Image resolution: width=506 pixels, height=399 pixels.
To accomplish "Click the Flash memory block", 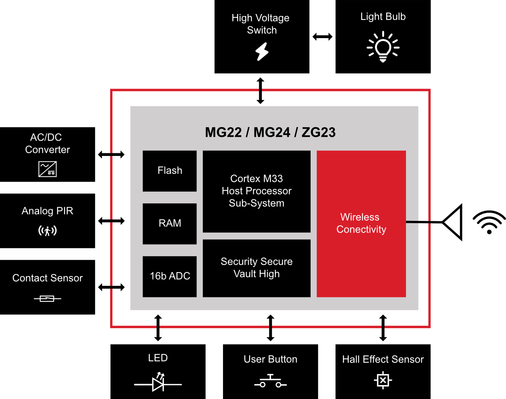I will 170,171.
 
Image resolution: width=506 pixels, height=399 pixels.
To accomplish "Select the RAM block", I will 170,224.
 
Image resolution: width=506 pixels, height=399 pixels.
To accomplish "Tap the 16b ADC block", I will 170,276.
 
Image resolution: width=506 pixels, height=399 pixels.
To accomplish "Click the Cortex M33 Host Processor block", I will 257,191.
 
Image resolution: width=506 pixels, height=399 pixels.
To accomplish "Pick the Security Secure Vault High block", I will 257,268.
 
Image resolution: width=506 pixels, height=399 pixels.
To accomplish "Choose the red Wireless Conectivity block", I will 361,224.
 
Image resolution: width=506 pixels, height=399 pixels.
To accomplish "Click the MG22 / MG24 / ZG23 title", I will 270,133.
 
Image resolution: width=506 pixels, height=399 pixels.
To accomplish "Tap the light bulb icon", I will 383,47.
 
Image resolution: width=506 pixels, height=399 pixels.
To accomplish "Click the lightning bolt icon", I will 262,51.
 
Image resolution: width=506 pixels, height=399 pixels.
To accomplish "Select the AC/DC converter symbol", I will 47,169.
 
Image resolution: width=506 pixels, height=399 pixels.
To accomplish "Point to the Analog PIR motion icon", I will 47,231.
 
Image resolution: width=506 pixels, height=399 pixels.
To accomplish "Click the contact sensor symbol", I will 47,299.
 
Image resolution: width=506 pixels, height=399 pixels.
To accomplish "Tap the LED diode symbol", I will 158,383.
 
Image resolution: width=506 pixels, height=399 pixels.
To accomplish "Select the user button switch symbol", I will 271,381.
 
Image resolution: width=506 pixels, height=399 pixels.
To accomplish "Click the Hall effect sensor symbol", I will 383,380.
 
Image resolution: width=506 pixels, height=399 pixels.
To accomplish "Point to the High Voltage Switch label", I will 261,24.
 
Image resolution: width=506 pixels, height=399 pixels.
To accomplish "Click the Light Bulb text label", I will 383,17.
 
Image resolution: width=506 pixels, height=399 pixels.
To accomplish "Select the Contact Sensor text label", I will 47,278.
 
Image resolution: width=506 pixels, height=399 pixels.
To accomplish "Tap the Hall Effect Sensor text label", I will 383,359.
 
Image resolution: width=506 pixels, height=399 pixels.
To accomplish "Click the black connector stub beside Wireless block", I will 412,222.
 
